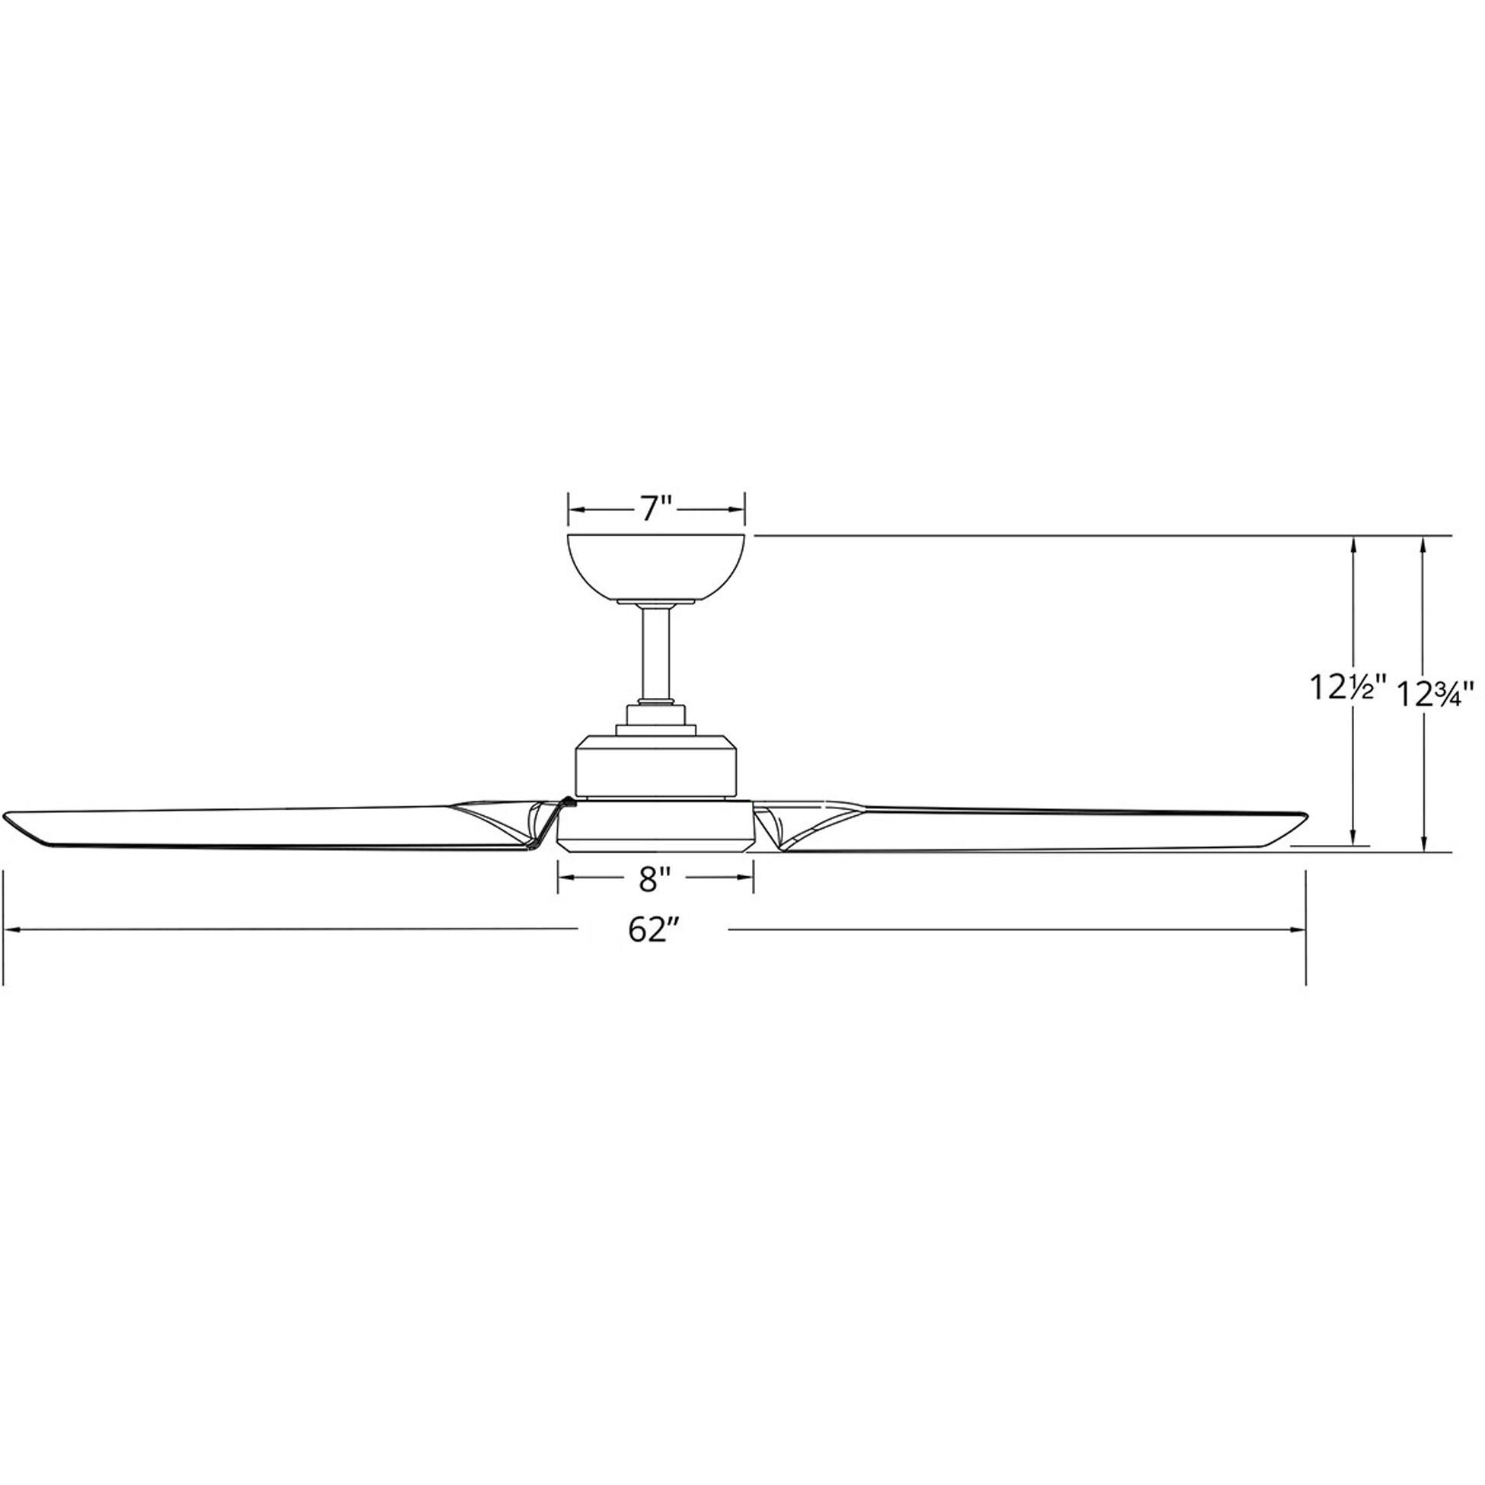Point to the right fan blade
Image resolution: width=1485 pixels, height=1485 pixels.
click(x=1037, y=829)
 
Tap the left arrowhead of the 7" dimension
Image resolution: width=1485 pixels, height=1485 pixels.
click(x=573, y=510)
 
